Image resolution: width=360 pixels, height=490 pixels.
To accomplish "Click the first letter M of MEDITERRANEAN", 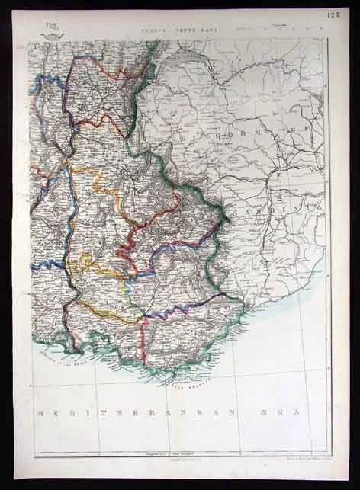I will pyautogui.click(x=42, y=412).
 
